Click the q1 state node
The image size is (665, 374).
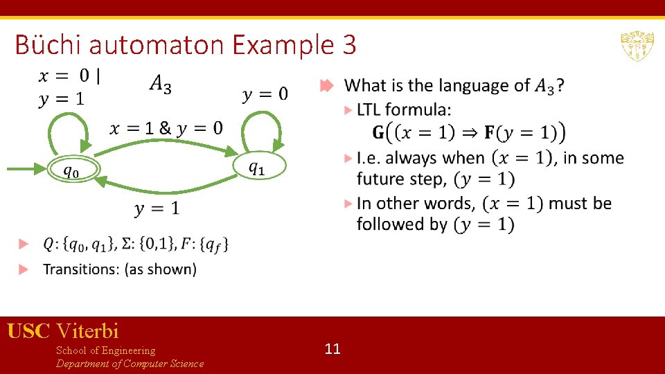257,166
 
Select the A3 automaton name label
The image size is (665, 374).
160,84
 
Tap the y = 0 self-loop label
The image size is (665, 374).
265,93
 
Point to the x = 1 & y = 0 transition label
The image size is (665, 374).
166,127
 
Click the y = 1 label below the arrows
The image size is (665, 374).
157,208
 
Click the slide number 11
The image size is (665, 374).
332,348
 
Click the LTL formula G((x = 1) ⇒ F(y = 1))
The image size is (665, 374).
468,132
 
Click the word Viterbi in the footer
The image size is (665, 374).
88,331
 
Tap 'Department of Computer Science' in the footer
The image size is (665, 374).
130,364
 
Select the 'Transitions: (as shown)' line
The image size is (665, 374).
120,269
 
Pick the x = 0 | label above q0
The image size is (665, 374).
69,75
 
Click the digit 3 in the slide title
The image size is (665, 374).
348,46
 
